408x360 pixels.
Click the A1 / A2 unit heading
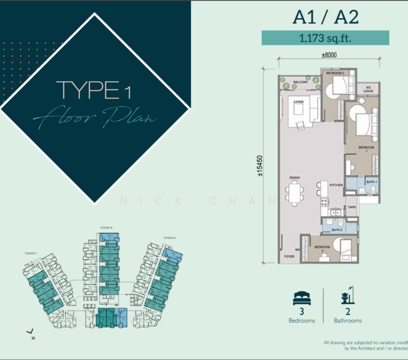[325, 17]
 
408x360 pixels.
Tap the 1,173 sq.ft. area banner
[325, 38]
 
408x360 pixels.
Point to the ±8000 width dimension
[328, 55]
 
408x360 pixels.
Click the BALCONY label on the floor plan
[300, 82]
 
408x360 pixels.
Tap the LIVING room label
[298, 103]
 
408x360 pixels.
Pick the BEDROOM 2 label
[335, 73]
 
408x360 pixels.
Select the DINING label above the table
[295, 178]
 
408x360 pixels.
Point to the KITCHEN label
[335, 185]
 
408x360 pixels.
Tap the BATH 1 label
[371, 181]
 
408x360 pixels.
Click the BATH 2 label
[337, 229]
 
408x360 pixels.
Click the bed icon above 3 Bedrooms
[301, 298]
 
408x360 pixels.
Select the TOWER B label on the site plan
[106, 228]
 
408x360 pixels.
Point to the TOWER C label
[31, 253]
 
